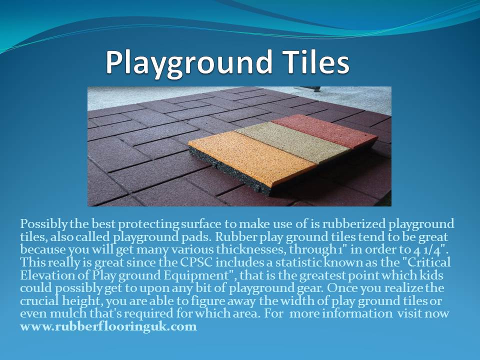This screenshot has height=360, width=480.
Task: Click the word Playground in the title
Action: point(189,63)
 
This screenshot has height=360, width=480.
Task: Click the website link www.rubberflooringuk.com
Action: point(108,326)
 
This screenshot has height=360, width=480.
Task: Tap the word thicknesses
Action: point(251,249)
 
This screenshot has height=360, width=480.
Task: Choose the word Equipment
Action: point(197,275)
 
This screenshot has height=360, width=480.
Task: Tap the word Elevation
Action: point(47,275)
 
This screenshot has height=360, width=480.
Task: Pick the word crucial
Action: point(39,300)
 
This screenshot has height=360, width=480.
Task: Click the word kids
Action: point(431,275)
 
